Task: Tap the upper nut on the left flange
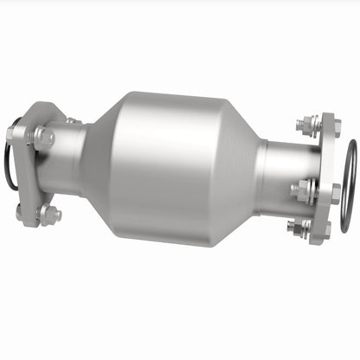coord(43,137)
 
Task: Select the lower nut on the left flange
coord(48,214)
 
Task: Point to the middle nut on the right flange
coord(306,190)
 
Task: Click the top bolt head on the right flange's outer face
coord(335,128)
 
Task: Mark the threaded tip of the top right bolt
coord(299,124)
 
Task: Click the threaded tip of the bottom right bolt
coord(292,228)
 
